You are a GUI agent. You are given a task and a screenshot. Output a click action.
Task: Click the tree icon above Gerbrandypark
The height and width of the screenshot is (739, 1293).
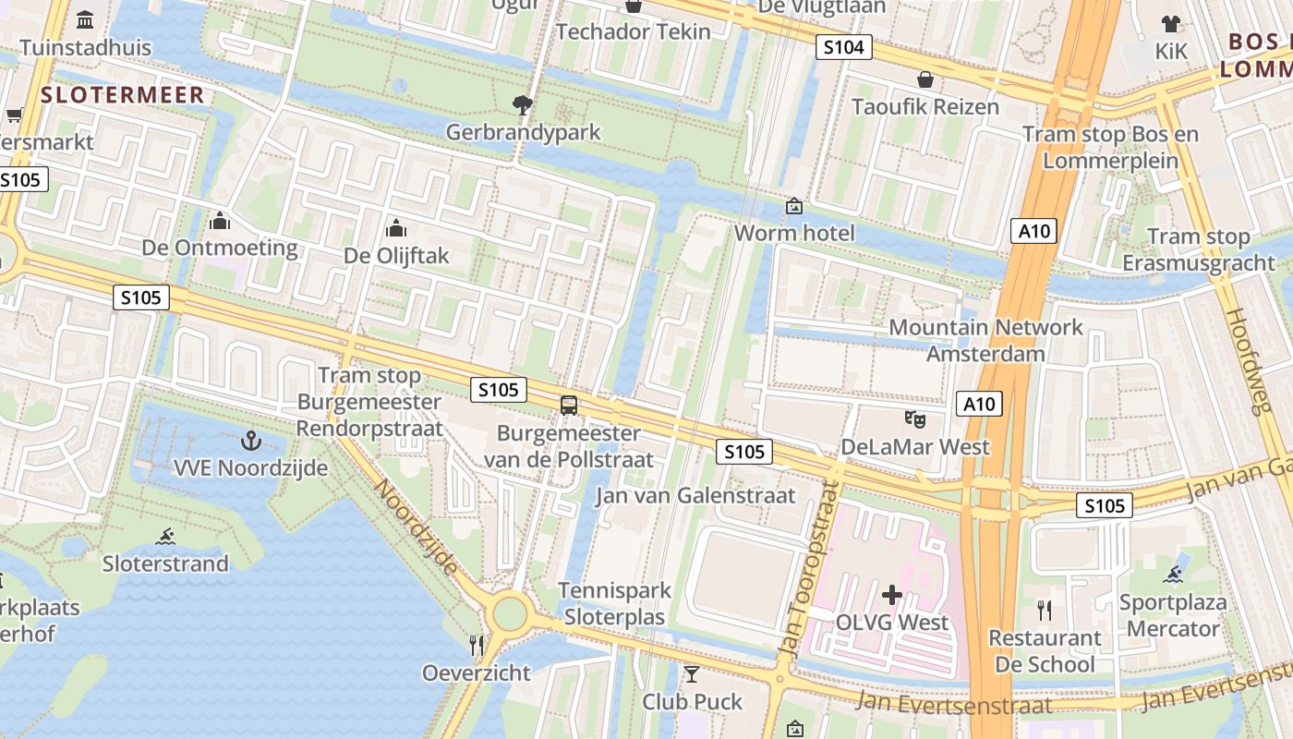tap(523, 105)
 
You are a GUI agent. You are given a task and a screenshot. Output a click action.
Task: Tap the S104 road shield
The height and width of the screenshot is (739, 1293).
tap(843, 47)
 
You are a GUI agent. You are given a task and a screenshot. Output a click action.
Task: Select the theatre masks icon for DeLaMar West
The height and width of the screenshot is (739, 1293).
tap(915, 419)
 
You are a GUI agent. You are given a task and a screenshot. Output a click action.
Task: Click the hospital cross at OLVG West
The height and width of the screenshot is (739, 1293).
tap(892, 595)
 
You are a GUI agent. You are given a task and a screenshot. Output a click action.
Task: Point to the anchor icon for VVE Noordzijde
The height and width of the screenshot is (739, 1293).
tap(250, 441)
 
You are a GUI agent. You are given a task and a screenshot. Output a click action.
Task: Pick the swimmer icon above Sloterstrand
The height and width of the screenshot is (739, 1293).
tap(165, 537)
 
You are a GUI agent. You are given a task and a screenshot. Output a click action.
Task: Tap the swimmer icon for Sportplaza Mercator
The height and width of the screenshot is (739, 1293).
tap(1173, 575)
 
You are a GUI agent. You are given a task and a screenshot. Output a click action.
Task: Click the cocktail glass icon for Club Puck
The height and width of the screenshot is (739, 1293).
tap(692, 674)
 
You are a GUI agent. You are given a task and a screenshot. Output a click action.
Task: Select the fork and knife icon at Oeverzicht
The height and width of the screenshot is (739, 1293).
tap(477, 645)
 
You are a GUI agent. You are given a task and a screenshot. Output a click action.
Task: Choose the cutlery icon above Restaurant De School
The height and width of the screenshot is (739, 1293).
tap(1045, 611)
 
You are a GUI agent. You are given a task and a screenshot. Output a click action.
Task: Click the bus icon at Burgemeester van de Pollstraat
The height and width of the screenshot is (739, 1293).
tap(569, 406)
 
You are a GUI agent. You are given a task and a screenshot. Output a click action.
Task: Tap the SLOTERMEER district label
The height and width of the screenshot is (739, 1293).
tap(123, 94)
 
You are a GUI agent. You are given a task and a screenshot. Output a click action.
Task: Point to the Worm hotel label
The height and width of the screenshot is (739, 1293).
tap(794, 233)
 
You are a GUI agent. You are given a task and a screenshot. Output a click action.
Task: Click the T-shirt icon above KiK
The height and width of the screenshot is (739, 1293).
tap(1171, 24)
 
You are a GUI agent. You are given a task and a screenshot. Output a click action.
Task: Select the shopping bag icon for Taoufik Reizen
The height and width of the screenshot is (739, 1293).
tap(924, 79)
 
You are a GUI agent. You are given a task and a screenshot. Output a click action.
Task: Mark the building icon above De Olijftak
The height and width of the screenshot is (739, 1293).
tap(396, 228)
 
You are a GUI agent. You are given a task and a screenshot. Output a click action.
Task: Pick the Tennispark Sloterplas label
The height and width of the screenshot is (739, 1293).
tap(614, 604)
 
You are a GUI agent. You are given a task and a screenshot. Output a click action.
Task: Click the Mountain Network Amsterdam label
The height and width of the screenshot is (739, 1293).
tap(985, 340)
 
